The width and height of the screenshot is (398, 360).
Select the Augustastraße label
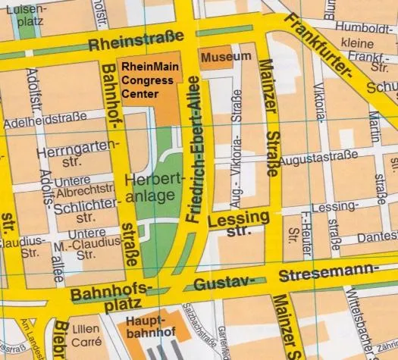tap(318, 160)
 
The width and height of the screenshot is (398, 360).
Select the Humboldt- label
tap(363, 27)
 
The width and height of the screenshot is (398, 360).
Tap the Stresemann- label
tap(327, 274)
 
